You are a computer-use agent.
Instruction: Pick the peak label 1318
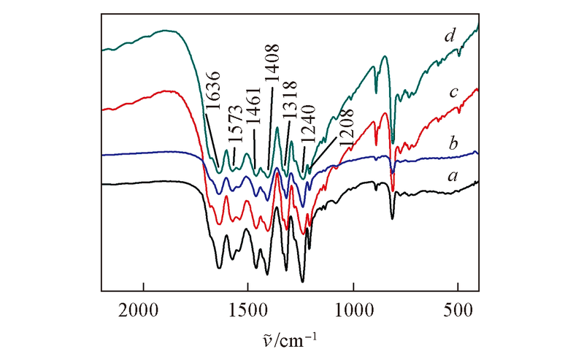pyautogui.click(x=289, y=111)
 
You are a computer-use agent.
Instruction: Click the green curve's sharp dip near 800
pyautogui.click(x=393, y=141)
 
